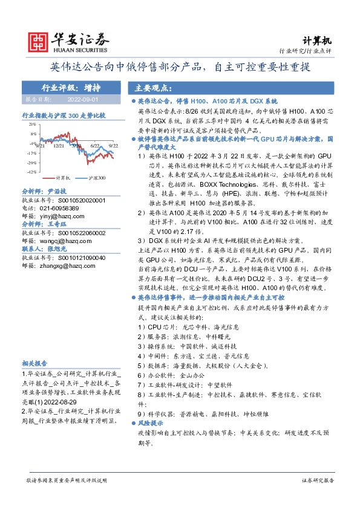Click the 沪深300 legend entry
97,178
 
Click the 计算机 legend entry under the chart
63,178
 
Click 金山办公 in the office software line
194,375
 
